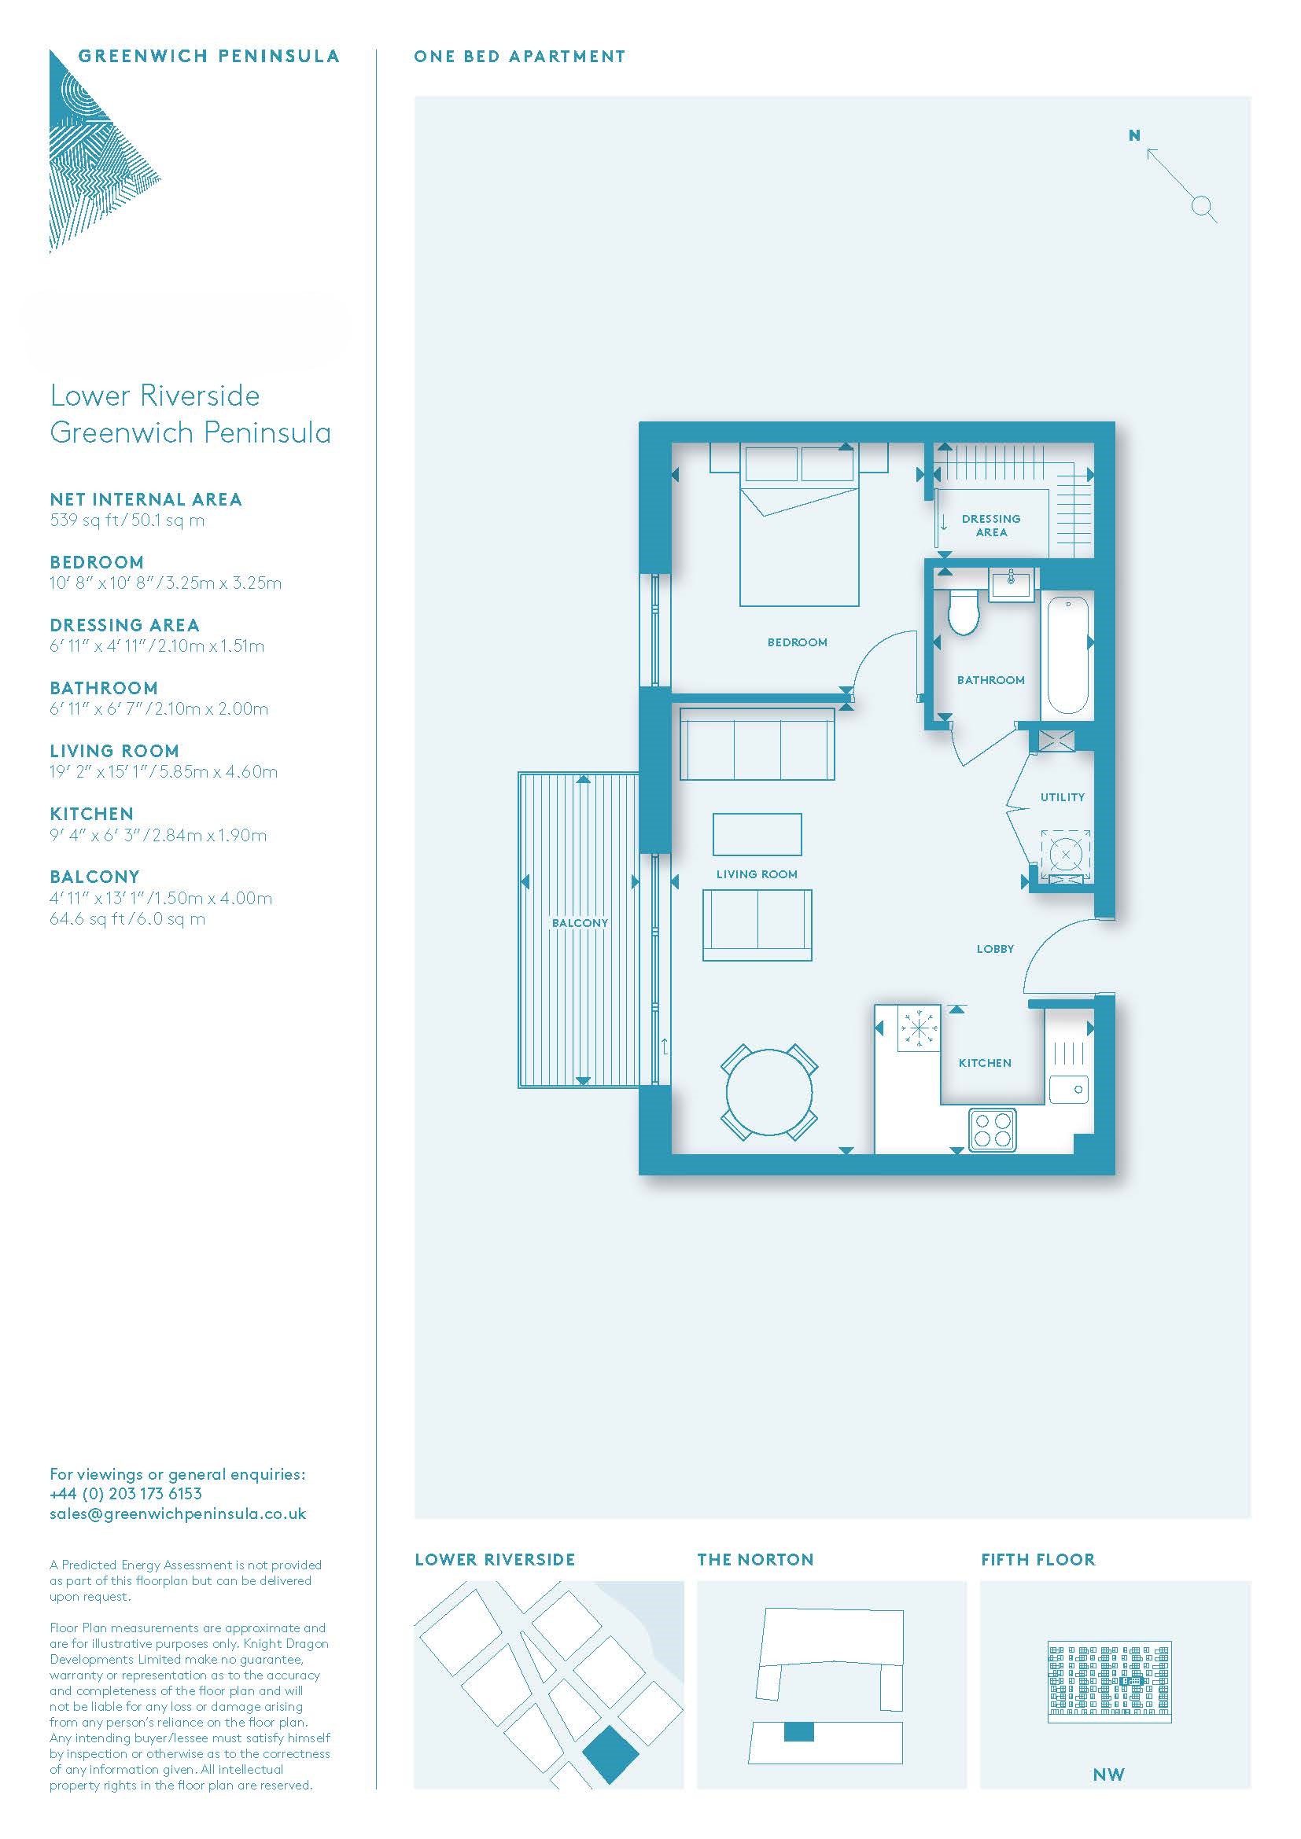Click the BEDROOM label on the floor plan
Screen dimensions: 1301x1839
(x=797, y=642)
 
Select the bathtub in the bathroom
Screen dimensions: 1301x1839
(x=1067, y=657)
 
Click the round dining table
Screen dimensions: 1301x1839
(x=769, y=1092)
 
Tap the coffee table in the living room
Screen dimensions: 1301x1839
(x=757, y=833)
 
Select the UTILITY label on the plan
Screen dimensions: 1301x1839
(x=1062, y=797)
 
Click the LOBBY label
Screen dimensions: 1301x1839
(x=995, y=948)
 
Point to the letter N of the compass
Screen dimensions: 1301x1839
(x=1133, y=135)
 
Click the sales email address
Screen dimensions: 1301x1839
(x=178, y=1513)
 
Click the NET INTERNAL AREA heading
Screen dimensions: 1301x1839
(x=146, y=499)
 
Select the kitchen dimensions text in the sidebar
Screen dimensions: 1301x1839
(x=158, y=835)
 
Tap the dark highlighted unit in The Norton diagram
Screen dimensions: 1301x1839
(x=798, y=1730)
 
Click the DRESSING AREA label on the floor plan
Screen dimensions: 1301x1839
(x=991, y=525)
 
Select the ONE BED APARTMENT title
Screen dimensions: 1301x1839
(x=519, y=57)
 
